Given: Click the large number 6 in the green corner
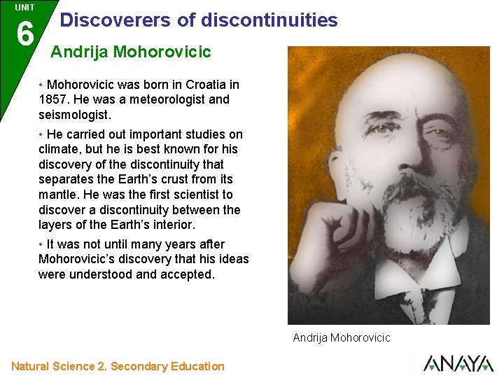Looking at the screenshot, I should (x=24, y=33).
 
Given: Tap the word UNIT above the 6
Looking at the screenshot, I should (x=24, y=8).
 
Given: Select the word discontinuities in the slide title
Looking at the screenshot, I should (x=269, y=20).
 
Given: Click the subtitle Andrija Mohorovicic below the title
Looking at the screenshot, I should (x=131, y=52).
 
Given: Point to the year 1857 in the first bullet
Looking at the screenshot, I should (x=53, y=99).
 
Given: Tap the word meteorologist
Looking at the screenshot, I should (x=158, y=99).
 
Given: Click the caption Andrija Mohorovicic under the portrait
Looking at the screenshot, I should (x=342, y=338).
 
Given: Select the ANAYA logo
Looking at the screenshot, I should (x=458, y=363).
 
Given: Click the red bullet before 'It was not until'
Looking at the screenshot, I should (x=41, y=244).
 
